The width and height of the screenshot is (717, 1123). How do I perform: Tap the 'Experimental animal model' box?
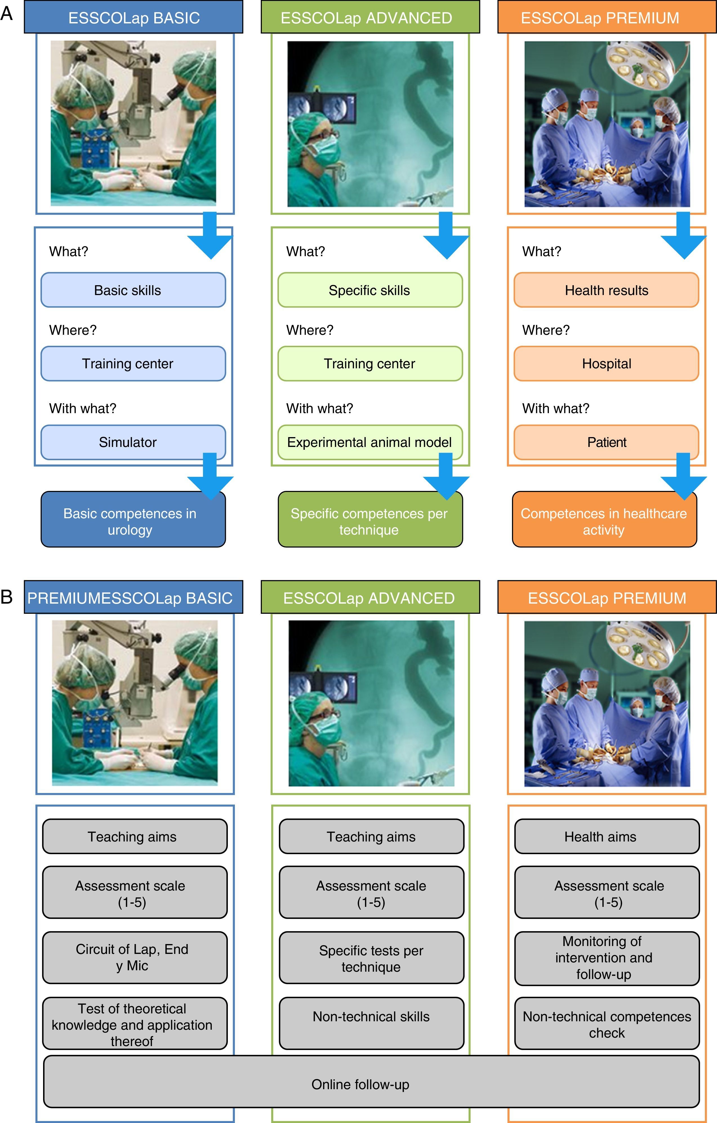click(x=370, y=442)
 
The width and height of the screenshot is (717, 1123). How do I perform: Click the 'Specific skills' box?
click(x=370, y=290)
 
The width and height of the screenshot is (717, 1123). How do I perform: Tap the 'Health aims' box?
click(x=607, y=837)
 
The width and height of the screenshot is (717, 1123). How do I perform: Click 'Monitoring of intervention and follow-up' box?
click(x=607, y=958)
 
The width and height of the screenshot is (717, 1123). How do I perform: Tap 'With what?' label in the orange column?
click(x=555, y=409)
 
